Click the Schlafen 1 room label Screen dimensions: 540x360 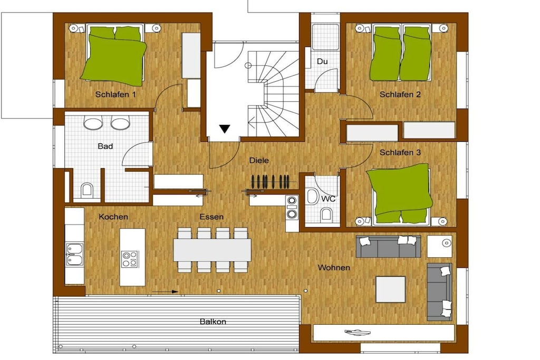[115, 94]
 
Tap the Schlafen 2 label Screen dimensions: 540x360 [400, 94]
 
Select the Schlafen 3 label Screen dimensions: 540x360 [400, 152]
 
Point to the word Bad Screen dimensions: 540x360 [105, 147]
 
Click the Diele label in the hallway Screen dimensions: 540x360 [259, 160]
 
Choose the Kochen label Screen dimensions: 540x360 [113, 217]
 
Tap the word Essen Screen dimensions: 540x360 [211, 217]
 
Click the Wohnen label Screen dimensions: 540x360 [334, 267]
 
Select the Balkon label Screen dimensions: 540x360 [213, 322]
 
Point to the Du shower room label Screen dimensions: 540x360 [322, 62]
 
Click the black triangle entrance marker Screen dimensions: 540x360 [225, 129]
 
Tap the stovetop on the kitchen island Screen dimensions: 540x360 [130, 259]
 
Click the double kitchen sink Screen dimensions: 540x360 [74, 255]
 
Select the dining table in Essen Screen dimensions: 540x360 [212, 250]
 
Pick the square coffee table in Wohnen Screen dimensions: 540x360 [391, 289]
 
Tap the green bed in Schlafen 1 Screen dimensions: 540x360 [114, 54]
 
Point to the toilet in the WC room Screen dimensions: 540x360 [326, 215]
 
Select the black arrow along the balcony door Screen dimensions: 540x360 [165, 292]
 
